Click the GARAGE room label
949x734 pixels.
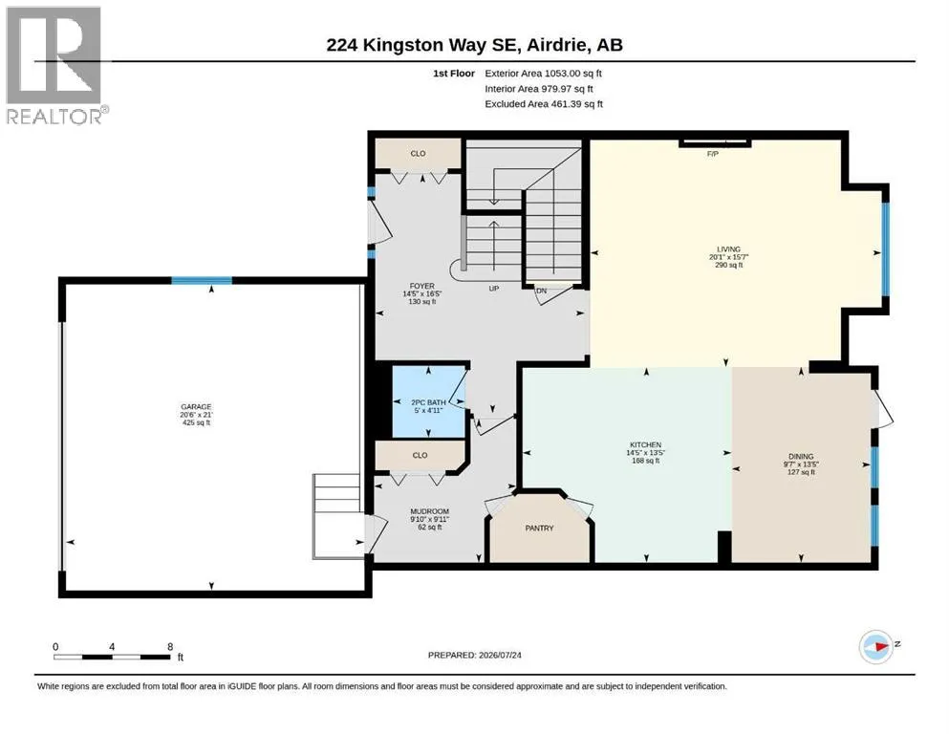(x=196, y=406)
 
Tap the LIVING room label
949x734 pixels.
(x=728, y=249)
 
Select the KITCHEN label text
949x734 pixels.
(x=645, y=444)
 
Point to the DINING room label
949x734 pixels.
(x=801, y=456)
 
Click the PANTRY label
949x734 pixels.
(x=539, y=529)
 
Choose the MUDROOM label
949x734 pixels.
(x=430, y=511)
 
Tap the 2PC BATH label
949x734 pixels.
(x=428, y=402)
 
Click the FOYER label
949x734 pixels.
(x=421, y=286)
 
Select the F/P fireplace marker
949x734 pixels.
(x=713, y=154)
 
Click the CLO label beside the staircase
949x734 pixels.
(x=419, y=154)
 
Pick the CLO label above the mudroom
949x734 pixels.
(x=421, y=456)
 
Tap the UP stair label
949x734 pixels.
(x=494, y=289)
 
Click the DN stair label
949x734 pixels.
(x=542, y=291)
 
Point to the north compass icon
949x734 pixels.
(x=876, y=646)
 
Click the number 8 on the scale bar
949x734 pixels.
(x=170, y=647)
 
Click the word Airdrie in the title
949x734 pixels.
(x=555, y=45)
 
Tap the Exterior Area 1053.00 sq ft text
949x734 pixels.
(x=544, y=74)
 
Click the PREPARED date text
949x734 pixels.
(x=474, y=655)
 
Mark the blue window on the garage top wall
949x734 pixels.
(x=202, y=280)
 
